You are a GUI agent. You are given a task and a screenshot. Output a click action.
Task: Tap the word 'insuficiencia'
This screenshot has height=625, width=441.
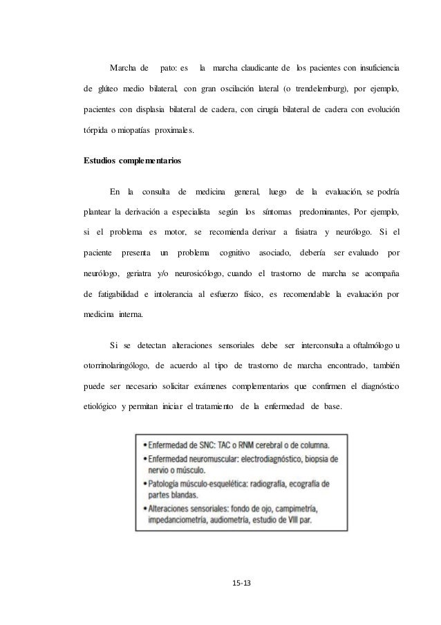[x=374, y=68]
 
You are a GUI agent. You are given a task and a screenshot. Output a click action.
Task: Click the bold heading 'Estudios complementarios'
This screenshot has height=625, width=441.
[x=132, y=161]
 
